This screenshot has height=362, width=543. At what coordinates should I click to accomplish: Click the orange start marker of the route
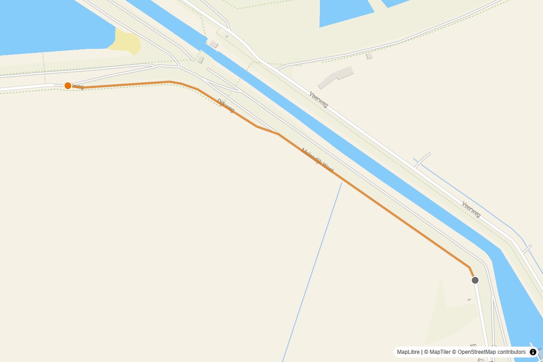pos(68,86)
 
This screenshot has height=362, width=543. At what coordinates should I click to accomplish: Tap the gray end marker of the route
pos(475,280)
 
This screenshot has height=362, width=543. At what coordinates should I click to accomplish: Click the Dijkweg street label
pos(226,105)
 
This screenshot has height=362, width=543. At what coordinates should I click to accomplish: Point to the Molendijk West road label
pos(317,161)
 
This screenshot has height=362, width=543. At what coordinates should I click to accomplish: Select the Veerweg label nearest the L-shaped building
pos(319,100)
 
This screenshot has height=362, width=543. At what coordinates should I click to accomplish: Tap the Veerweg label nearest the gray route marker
pos(471,209)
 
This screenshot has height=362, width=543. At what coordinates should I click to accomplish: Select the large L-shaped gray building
pos(336,77)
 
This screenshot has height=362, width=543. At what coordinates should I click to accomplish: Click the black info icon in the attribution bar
pos(533,352)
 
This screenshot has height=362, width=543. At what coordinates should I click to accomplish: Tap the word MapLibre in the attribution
pos(408,352)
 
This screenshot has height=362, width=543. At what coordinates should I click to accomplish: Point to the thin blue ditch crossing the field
pos(312,271)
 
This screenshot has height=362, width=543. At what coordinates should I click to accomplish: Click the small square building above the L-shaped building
pos(369,56)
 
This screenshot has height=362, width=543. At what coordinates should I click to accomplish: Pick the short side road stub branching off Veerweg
pos(422,160)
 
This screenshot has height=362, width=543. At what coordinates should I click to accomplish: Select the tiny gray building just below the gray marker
pos(469,300)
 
